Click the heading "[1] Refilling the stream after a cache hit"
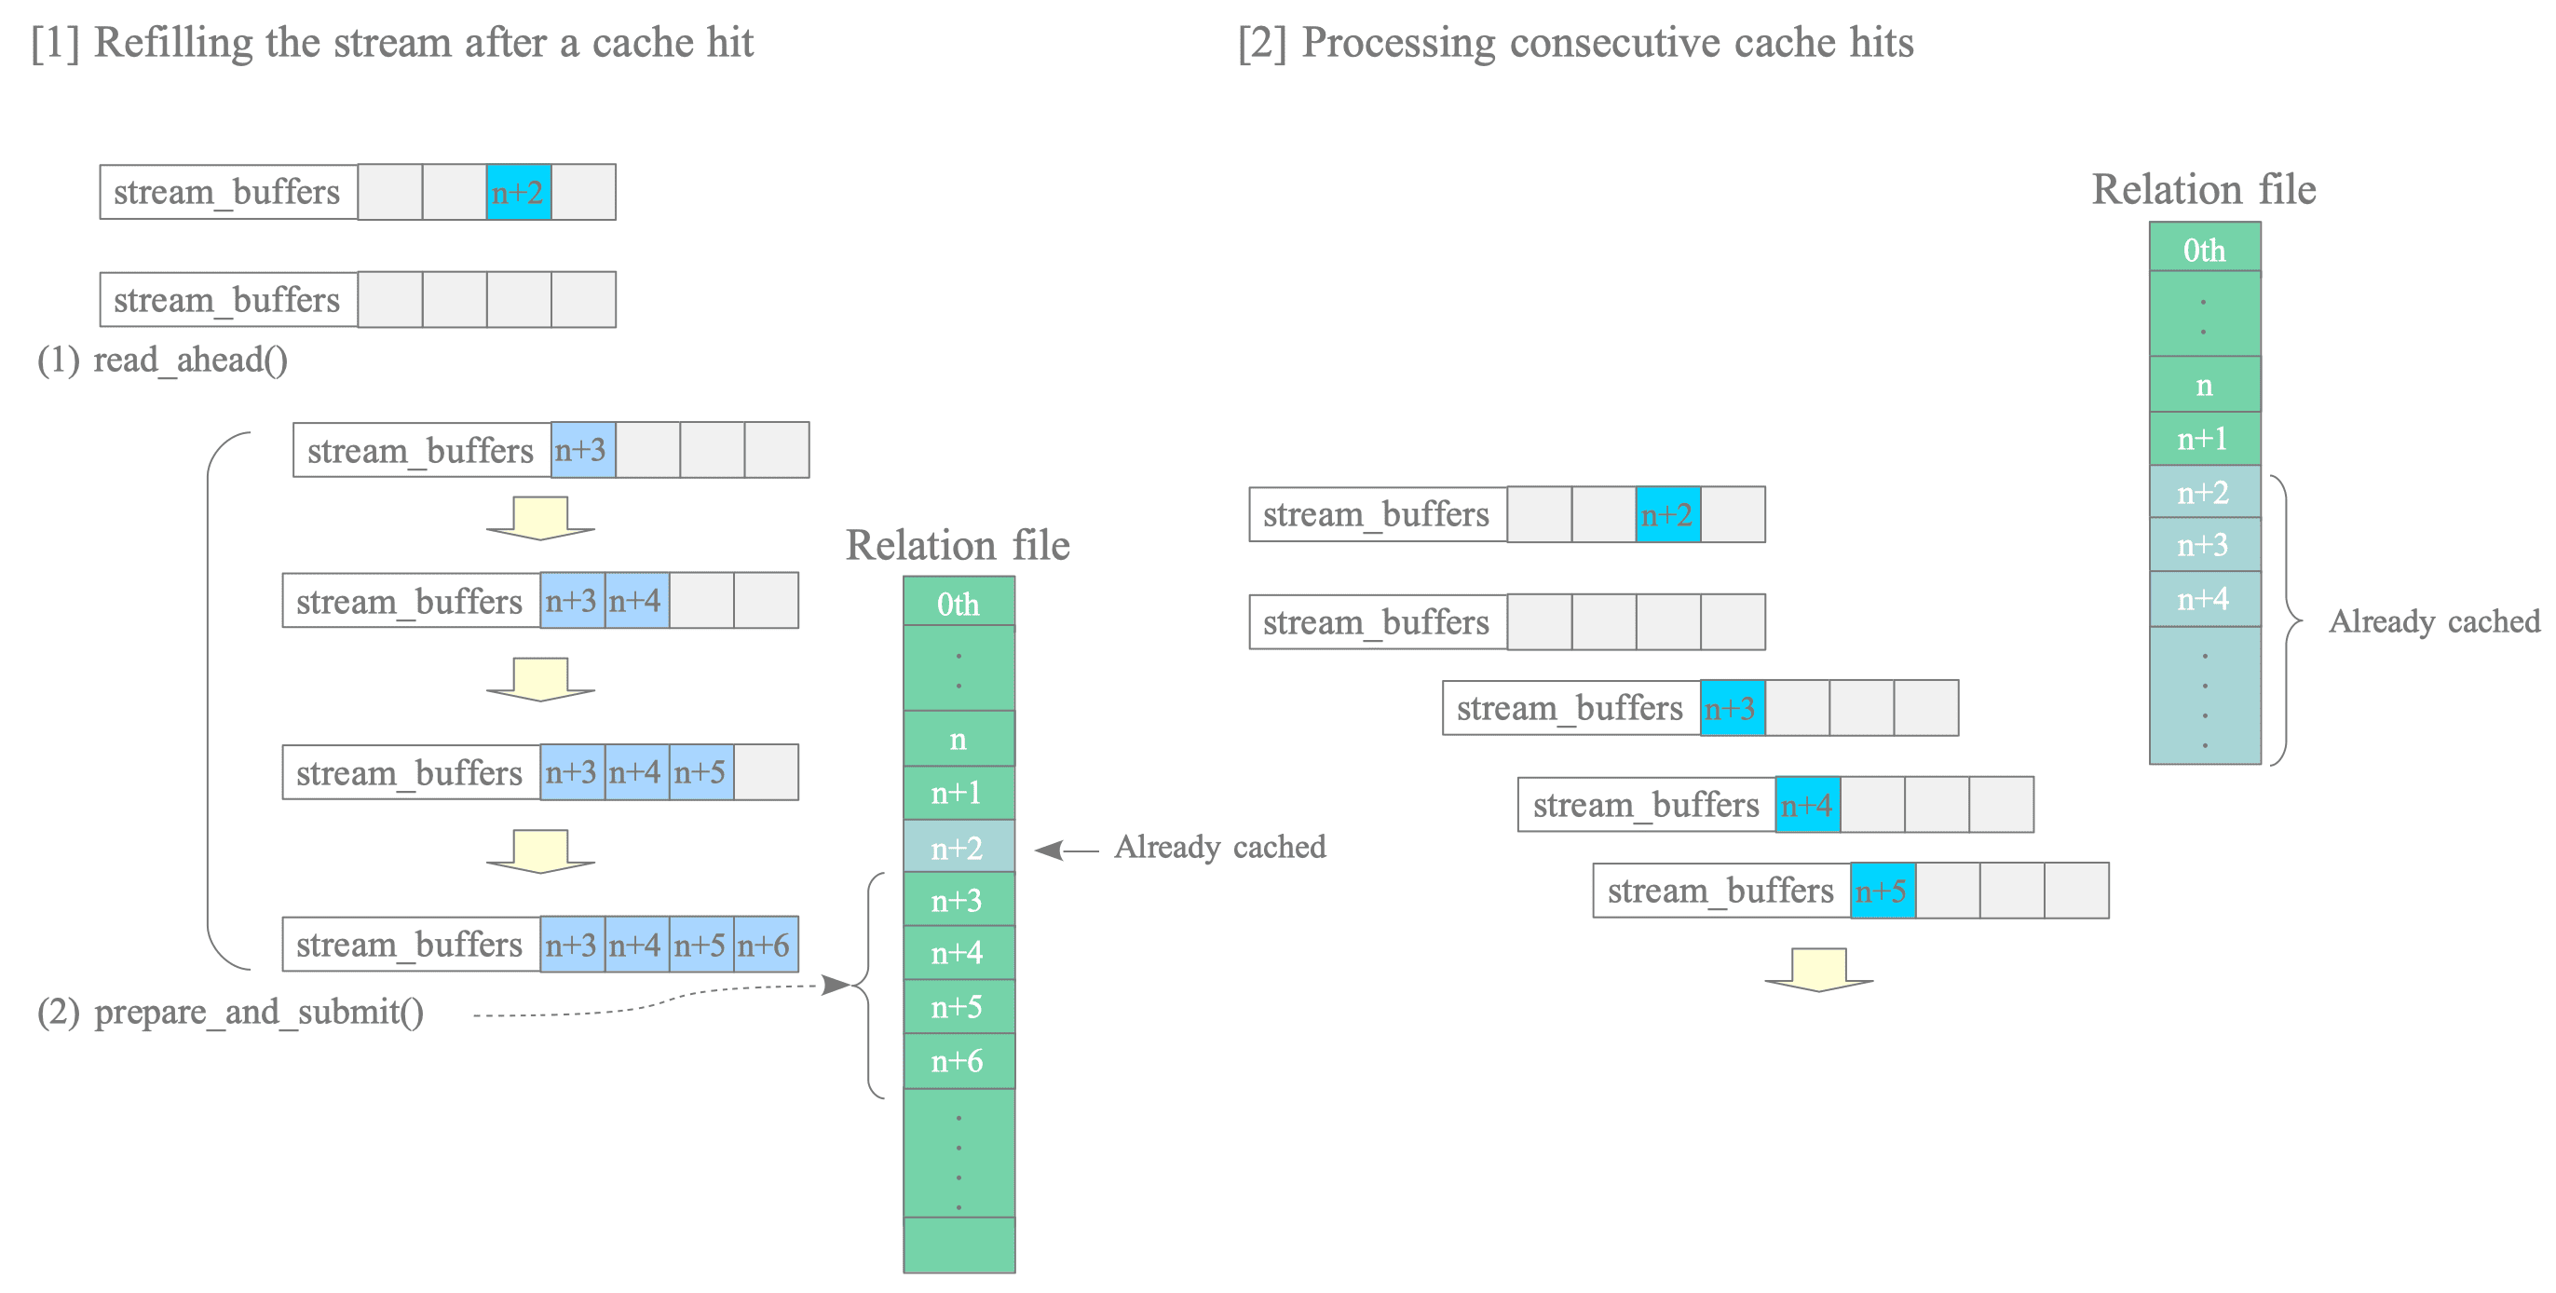coord(392,44)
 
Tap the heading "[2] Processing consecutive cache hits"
coord(1576,44)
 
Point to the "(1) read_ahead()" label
coord(163,360)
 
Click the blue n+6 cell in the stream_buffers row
coord(766,944)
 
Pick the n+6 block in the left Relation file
coord(958,1061)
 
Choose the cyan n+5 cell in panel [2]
coord(1883,891)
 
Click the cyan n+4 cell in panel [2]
coord(1808,805)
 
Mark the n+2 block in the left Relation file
coord(958,847)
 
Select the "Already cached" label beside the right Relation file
coord(2434,621)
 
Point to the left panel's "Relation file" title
coord(958,545)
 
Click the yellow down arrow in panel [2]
coord(1819,970)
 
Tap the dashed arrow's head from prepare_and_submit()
coord(836,985)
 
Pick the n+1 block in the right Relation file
coord(2205,439)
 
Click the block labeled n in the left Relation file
coord(958,739)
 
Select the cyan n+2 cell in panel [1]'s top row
coord(519,192)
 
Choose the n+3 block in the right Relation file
coord(2205,544)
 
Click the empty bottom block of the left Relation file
coord(958,1245)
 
